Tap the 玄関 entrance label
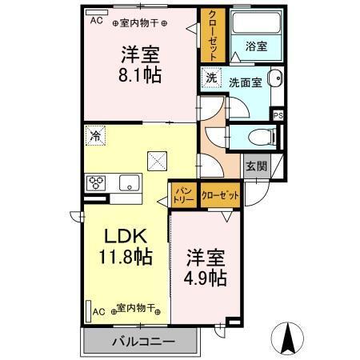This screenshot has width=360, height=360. click(256, 166)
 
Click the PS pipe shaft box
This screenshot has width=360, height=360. click(278, 114)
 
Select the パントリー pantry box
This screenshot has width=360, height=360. click(182, 194)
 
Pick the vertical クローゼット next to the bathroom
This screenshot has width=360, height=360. click(214, 36)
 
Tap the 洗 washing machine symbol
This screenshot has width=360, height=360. click(211, 78)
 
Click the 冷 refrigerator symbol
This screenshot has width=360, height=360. click(95, 135)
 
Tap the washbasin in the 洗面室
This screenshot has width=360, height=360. click(274, 78)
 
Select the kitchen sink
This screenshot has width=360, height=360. click(127, 182)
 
